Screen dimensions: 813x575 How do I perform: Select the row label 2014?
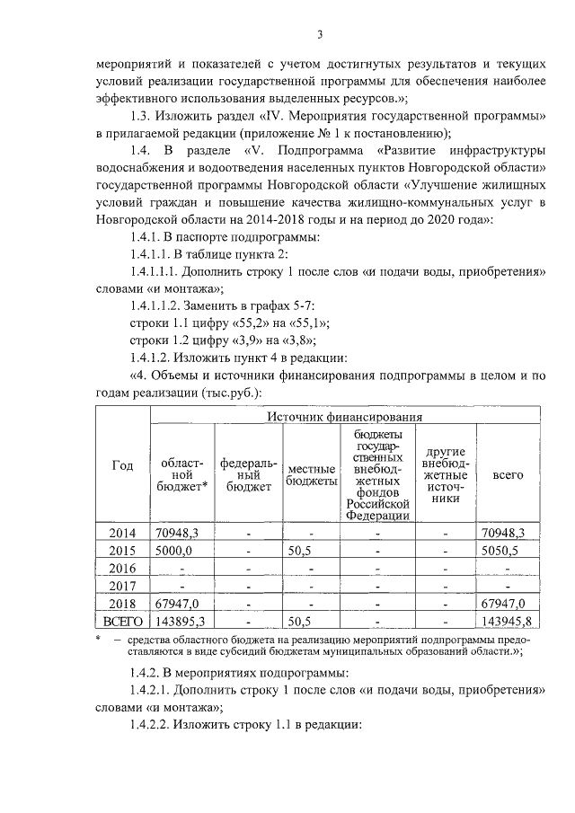pyautogui.click(x=122, y=533)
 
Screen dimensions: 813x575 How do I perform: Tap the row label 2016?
pyautogui.click(x=122, y=568)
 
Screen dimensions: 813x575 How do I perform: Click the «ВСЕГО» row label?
pyautogui.click(x=122, y=621)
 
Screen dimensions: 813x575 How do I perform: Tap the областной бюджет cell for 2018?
pyautogui.click(x=177, y=603)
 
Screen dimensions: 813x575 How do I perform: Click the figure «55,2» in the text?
pyautogui.click(x=247, y=323)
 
